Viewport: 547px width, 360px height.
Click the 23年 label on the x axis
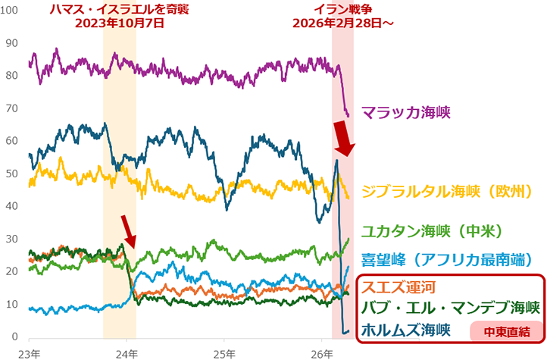[28, 352]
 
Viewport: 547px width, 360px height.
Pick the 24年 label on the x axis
[127, 352]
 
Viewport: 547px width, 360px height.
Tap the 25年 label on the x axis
[224, 352]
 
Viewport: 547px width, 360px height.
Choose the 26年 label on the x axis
[322, 352]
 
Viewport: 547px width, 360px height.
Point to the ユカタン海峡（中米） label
[432, 230]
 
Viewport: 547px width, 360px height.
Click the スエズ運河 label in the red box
[398, 288]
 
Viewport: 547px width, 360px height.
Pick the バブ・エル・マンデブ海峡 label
[450, 308]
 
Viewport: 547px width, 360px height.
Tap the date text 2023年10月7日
[120, 23]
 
